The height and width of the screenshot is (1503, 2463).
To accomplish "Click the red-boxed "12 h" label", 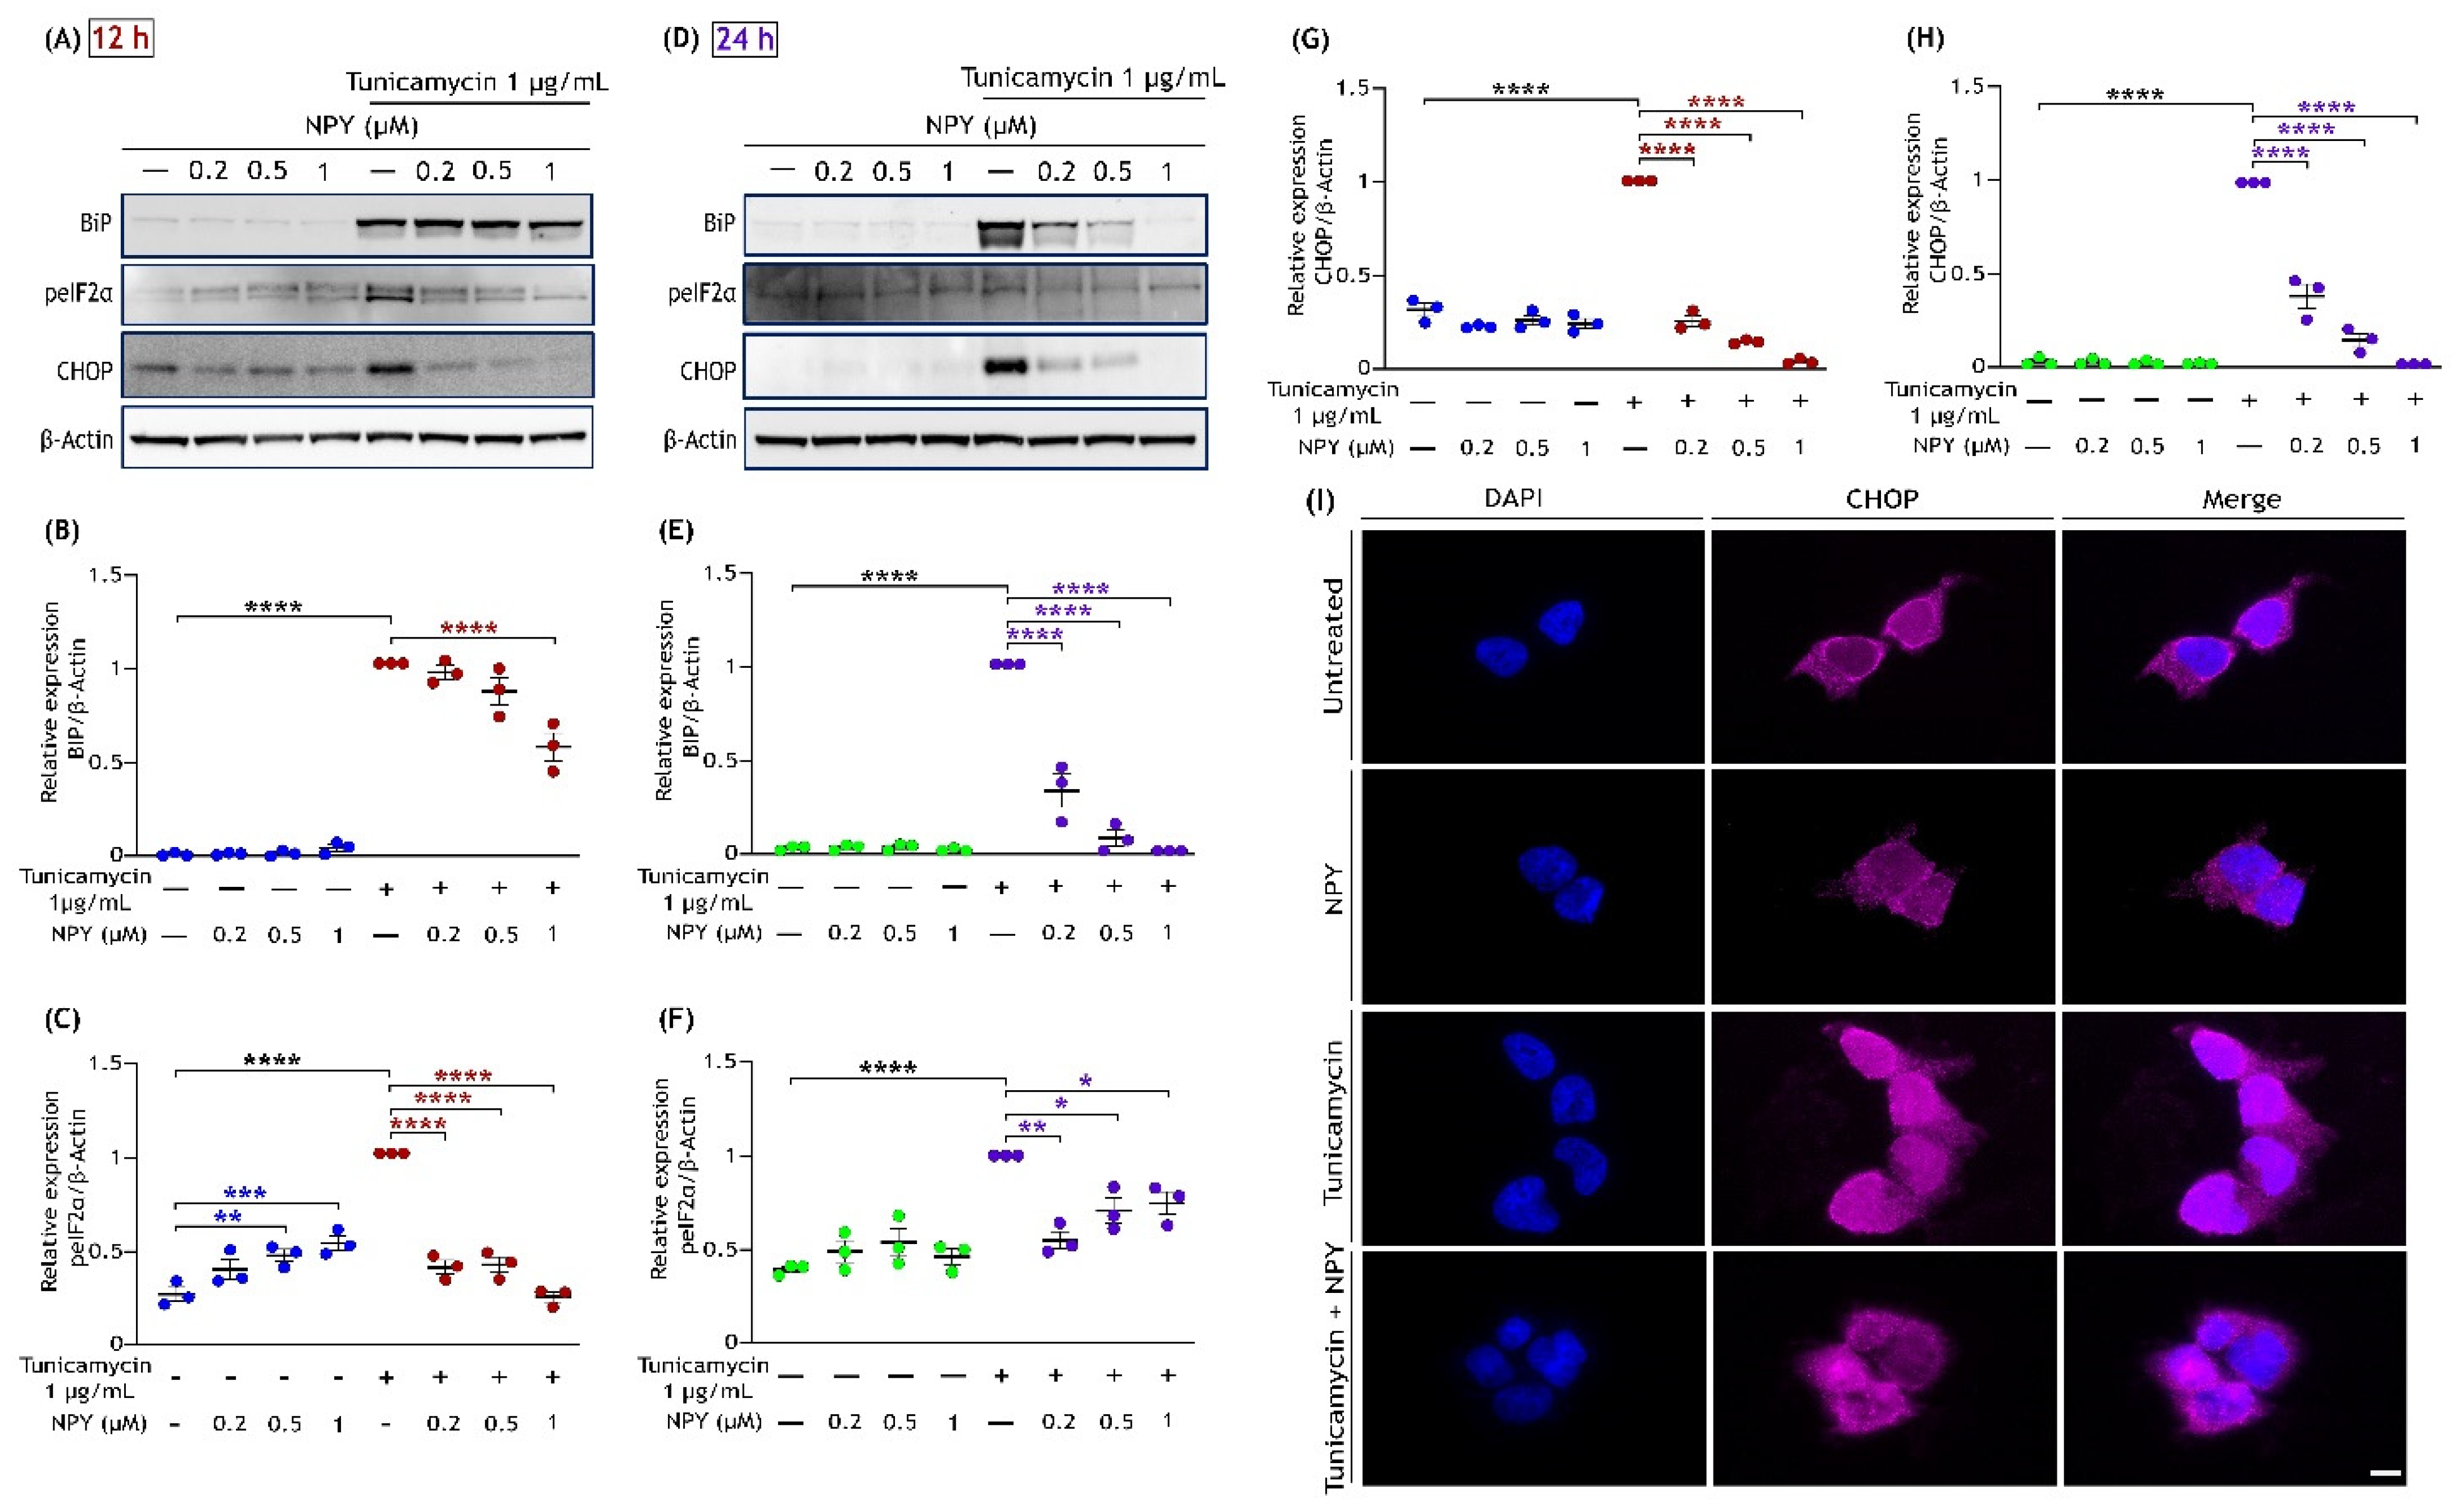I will [x=121, y=39].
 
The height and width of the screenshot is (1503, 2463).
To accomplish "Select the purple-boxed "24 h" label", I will [x=745, y=39].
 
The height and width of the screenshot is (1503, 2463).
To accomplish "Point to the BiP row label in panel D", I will [x=719, y=223].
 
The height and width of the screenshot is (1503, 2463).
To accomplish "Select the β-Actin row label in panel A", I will [x=77, y=440].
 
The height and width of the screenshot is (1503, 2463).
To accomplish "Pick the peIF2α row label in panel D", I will [x=702, y=294].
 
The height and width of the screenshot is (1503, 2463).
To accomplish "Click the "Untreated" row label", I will [x=1333, y=645].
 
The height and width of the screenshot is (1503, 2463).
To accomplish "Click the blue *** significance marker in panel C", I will [x=245, y=1193].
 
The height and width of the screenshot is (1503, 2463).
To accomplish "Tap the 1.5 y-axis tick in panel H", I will [x=1967, y=87].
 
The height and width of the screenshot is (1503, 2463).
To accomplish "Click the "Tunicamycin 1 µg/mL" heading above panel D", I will [x=1093, y=78].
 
